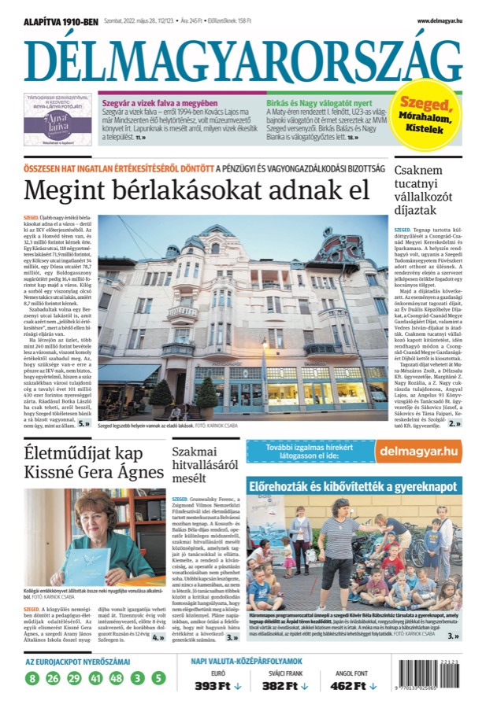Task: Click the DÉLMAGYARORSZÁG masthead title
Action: (x=243, y=59)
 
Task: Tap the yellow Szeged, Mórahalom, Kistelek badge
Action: (x=426, y=115)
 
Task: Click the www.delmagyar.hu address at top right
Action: (x=439, y=20)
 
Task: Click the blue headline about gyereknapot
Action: (x=353, y=486)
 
